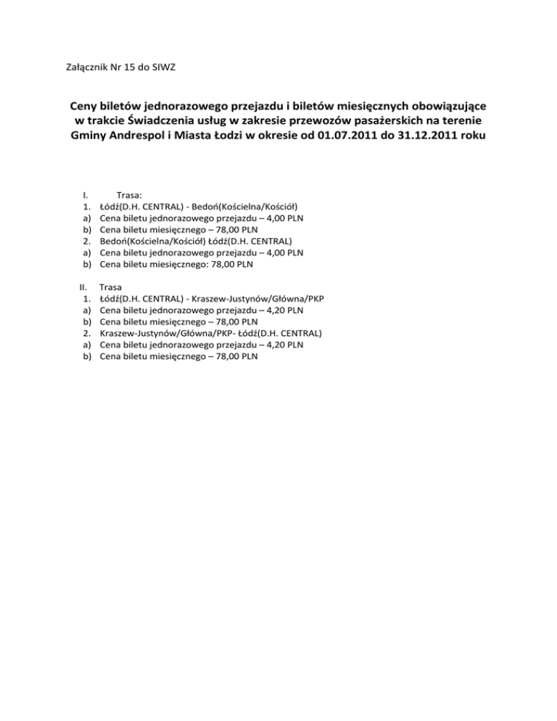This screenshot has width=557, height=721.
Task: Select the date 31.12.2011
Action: pyautogui.click(x=428, y=137)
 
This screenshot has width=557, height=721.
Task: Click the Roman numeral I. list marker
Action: pyautogui.click(x=85, y=194)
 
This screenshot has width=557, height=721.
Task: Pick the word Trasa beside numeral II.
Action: pyautogui.click(x=110, y=287)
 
